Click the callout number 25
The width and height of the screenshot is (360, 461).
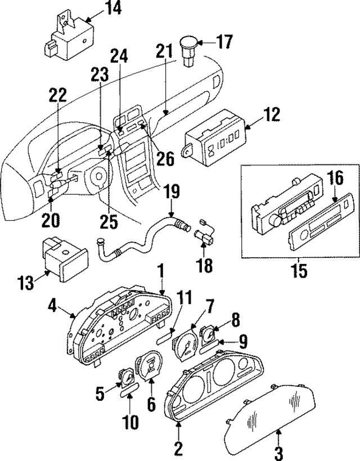[111, 221]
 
